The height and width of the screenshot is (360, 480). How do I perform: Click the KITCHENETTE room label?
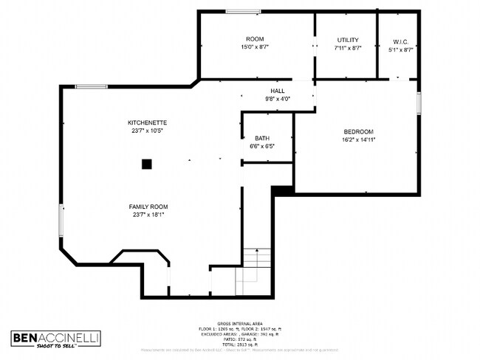147,122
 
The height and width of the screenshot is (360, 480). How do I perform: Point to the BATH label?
262,138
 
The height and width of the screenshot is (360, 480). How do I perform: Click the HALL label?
277,91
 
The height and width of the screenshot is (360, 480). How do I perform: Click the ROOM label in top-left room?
255,39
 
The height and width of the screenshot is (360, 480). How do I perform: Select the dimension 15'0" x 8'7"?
255,47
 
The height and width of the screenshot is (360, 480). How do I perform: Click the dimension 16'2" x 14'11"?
358,139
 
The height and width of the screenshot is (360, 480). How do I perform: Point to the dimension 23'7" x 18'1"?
148,215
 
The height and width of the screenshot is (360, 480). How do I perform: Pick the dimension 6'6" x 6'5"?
262,146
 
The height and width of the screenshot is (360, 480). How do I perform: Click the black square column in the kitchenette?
147,164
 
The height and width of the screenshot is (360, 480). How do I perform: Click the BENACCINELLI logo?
55,339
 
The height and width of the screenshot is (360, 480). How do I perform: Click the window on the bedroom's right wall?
418,103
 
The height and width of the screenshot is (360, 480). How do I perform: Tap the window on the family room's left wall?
62,221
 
